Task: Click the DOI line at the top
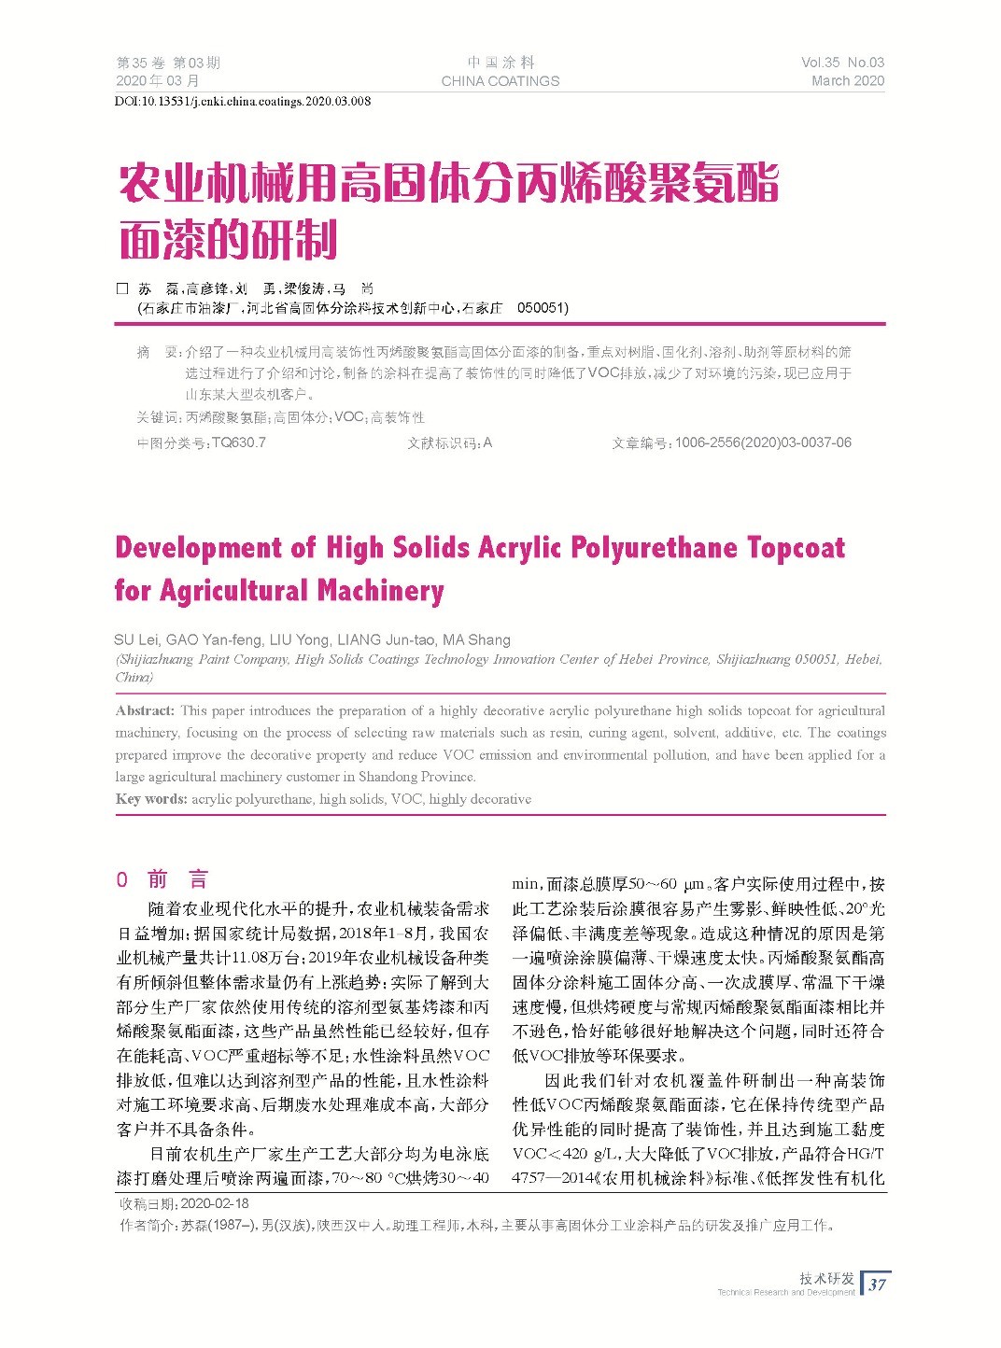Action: (243, 101)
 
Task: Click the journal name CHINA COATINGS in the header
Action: (500, 81)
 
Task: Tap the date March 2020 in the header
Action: (848, 81)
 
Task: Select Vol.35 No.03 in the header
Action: (842, 63)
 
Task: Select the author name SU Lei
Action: (135, 640)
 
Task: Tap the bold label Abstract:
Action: (145, 710)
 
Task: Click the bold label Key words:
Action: (151, 799)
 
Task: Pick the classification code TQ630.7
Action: (239, 442)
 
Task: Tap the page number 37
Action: (877, 1285)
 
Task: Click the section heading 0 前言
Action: (162, 879)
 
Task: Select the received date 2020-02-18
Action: (215, 1204)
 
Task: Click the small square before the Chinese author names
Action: (120, 289)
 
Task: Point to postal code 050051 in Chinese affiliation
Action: (542, 307)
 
